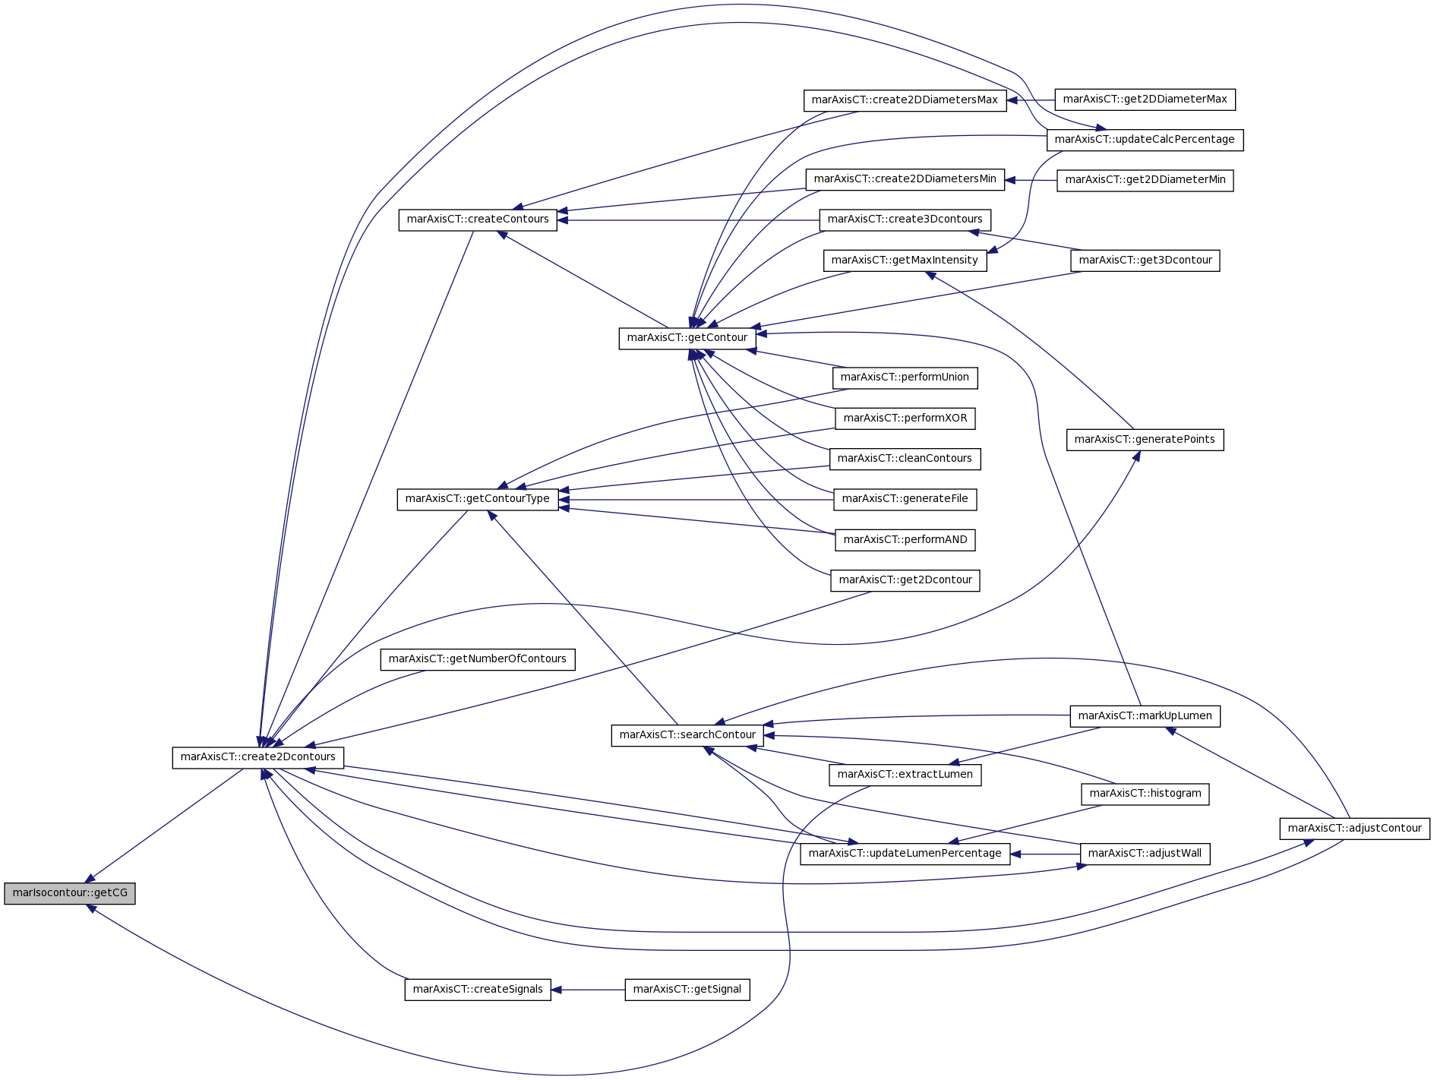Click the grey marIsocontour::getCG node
70,893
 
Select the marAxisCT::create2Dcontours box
258,757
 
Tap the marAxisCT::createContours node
478,220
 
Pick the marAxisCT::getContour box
687,339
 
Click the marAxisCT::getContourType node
478,500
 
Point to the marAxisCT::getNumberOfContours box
478,659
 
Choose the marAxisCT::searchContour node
687,735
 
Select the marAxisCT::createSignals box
478,990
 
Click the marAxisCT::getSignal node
687,990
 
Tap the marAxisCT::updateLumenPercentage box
905,854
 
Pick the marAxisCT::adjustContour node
1355,829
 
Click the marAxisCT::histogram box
1145,794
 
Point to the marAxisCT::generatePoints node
1145,440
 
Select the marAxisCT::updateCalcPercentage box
1145,140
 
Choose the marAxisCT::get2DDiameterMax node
1145,99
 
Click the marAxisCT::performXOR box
905,418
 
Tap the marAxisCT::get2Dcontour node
905,580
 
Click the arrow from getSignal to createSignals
588,990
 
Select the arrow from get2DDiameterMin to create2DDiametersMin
1031,181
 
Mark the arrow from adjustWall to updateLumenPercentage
1045,854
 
